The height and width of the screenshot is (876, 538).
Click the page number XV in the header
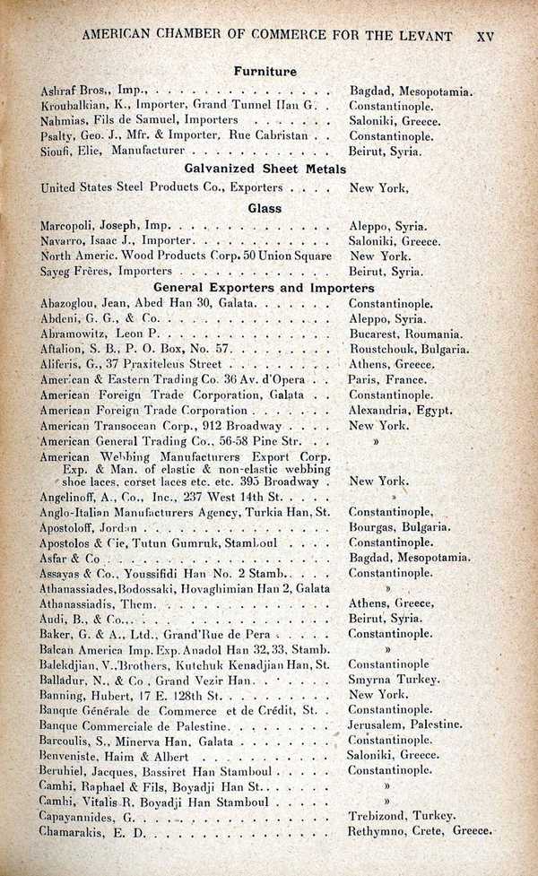[485, 37]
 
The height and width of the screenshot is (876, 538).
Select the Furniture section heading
[265, 70]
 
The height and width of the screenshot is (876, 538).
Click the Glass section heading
[265, 208]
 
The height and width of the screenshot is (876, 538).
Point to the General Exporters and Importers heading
[264, 288]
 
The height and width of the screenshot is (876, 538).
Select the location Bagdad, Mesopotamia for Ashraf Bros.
[411, 91]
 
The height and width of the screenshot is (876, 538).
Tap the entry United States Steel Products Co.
[161, 188]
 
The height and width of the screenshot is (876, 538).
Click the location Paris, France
[387, 379]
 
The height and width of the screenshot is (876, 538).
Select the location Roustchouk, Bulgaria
[408, 348]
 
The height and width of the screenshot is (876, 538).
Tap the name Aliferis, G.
[67, 364]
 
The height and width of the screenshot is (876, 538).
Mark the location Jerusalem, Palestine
[405, 724]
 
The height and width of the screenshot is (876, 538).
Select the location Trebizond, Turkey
[402, 815]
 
